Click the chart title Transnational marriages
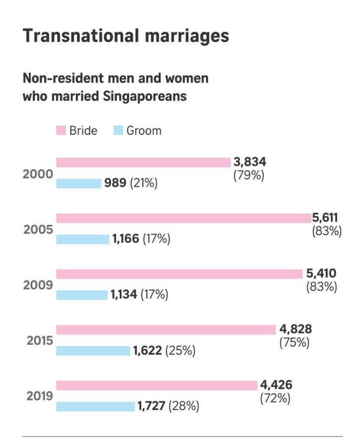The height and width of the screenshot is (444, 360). (125, 36)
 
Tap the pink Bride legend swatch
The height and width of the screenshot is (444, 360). (61, 130)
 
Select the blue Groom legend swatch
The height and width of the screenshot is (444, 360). (118, 130)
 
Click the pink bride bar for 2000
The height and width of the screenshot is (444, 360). (143, 162)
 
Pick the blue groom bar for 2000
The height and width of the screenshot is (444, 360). (79, 183)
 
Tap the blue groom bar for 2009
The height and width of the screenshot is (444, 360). (82, 295)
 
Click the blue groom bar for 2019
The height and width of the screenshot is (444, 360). (95, 406)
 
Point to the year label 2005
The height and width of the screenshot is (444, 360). (38, 229)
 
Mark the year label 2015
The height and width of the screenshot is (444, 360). (40, 341)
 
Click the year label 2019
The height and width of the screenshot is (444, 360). (40, 396)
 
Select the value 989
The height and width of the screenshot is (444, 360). (115, 183)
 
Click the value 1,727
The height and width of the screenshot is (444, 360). (151, 406)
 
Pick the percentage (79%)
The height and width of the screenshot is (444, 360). (249, 176)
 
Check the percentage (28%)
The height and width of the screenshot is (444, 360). (184, 406)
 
